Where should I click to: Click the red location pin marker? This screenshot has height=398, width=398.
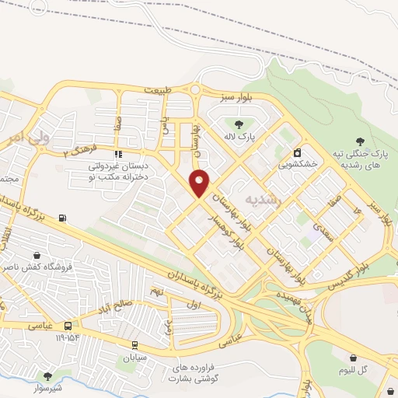(x=200, y=182)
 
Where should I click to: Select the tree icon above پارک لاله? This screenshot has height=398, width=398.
(x=238, y=124)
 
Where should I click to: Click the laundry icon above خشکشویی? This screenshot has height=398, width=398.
(x=297, y=152)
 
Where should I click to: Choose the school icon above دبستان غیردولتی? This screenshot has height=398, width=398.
(x=118, y=153)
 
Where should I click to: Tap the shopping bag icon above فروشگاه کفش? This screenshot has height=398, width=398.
(x=37, y=255)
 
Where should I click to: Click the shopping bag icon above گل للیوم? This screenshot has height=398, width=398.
(x=354, y=358)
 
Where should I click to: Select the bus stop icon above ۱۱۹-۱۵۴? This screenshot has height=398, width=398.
(x=68, y=326)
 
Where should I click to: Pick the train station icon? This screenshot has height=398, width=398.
(x=134, y=345)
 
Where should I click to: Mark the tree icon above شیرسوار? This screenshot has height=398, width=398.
(x=47, y=375)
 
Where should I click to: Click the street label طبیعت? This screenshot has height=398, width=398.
(x=156, y=90)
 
